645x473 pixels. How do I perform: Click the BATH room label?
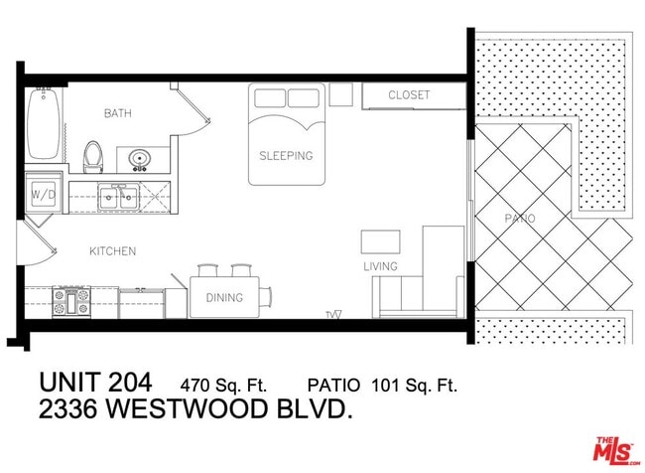[118, 114]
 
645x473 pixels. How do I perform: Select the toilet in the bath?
[93, 155]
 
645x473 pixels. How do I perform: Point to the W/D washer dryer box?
[43, 194]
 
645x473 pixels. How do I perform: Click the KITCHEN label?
[112, 251]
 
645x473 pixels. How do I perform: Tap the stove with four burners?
[72, 301]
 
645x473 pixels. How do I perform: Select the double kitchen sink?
[117, 196]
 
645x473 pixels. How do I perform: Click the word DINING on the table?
[223, 297]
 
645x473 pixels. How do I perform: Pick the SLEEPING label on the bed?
[286, 156]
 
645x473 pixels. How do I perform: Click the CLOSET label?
[409, 95]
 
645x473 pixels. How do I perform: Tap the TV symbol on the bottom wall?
[333, 314]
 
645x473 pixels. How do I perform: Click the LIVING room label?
[380, 266]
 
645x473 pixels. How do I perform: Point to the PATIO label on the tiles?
[519, 218]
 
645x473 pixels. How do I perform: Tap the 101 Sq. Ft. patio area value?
[414, 384]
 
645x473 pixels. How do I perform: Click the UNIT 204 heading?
[95, 382]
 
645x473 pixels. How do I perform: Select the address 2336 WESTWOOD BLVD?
[195, 408]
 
